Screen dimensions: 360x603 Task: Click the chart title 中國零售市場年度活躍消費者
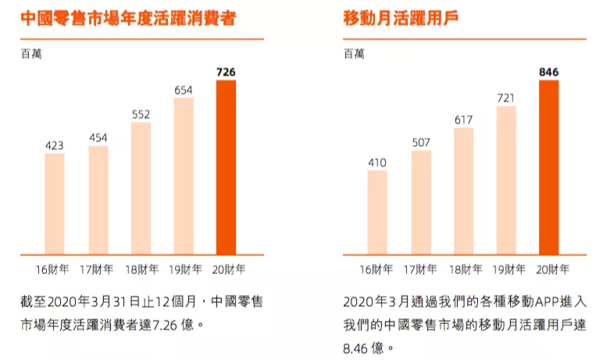[128, 18]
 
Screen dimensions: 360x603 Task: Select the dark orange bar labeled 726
[226, 167]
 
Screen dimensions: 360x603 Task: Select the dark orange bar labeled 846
[548, 167]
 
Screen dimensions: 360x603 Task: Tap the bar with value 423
[55, 204]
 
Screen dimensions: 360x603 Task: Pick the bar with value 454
[98, 200]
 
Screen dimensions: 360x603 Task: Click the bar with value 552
[141, 188]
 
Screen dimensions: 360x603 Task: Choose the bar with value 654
[184, 176]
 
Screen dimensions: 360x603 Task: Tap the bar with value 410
[377, 212]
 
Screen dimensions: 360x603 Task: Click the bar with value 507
[421, 202]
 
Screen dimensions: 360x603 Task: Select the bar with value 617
[463, 191]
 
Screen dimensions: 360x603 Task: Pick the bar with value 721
[506, 180]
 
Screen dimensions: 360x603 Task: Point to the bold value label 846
[548, 73]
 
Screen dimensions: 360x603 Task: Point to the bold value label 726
[226, 73]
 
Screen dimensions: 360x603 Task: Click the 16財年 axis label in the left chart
[54, 270]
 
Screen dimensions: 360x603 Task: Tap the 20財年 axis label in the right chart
[549, 270]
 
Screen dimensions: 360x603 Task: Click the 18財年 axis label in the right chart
[464, 270]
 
